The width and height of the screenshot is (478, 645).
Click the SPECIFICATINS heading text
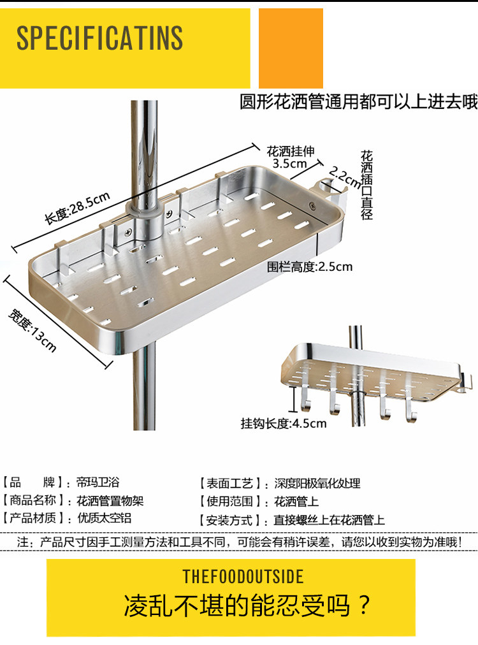click(99, 39)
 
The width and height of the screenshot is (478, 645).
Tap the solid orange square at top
click(291, 48)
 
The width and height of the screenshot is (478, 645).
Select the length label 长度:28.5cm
click(77, 208)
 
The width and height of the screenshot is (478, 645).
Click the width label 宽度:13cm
click(33, 330)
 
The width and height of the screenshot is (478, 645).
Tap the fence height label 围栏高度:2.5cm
click(309, 266)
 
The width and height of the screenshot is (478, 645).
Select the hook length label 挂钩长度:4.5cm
click(283, 423)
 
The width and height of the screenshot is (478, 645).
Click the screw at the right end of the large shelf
click(312, 205)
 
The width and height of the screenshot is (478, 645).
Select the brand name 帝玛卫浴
click(98, 483)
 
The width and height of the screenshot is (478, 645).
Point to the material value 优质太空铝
click(104, 519)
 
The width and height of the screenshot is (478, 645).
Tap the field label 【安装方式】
click(231, 520)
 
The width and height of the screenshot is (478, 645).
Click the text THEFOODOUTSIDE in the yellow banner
click(243, 577)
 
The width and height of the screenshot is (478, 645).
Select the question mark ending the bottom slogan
click(364, 605)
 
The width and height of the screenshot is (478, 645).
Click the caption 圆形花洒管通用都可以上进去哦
click(358, 101)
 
